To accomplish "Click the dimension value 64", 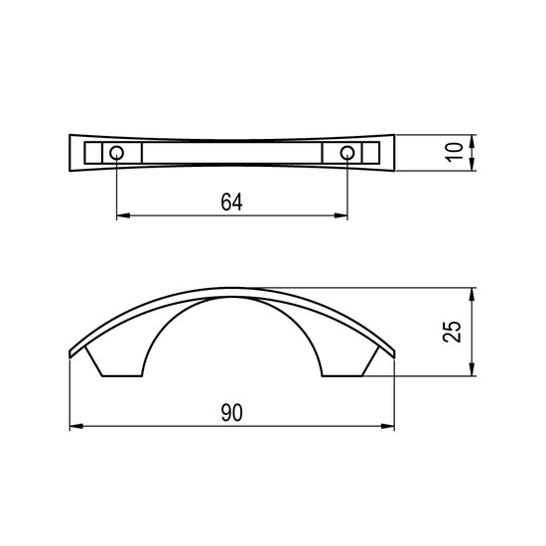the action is pyautogui.click(x=231, y=202).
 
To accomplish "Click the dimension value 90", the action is pyautogui.click(x=231, y=413).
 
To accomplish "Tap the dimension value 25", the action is pyautogui.click(x=453, y=332).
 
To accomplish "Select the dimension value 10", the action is pyautogui.click(x=455, y=152).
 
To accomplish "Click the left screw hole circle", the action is pyautogui.click(x=116, y=153).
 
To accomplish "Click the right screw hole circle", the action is pyautogui.click(x=347, y=153).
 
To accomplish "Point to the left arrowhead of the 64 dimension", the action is pyautogui.click(x=123, y=215).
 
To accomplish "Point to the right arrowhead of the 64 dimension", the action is pyautogui.click(x=341, y=215).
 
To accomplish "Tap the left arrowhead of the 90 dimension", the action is pyautogui.click(x=76, y=426).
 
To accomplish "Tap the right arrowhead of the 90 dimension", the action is pyautogui.click(x=387, y=426).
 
